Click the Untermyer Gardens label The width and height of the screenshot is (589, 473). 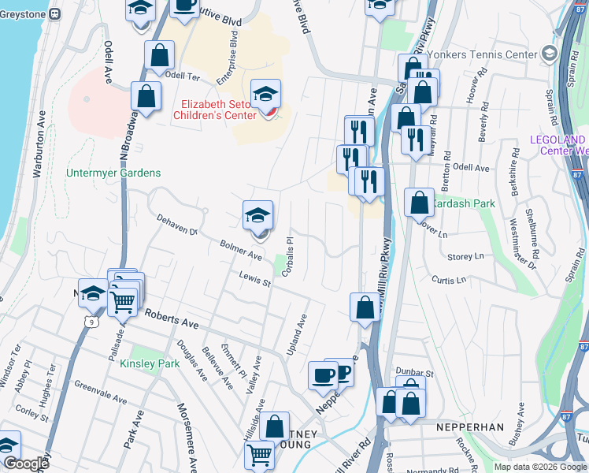[113, 173]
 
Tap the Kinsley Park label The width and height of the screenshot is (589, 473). [150, 363]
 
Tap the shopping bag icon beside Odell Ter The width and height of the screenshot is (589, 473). [159, 57]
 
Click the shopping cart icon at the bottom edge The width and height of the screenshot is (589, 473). [260, 455]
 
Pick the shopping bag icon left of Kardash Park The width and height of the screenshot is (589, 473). [420, 202]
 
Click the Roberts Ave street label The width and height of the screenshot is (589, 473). [170, 317]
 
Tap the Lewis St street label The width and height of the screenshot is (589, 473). [255, 279]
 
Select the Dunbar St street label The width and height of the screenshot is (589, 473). [417, 372]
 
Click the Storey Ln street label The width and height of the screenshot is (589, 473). [465, 256]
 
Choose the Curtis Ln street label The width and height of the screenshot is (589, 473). [449, 279]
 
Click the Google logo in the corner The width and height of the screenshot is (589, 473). [26, 464]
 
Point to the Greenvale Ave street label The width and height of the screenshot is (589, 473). [101, 393]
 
